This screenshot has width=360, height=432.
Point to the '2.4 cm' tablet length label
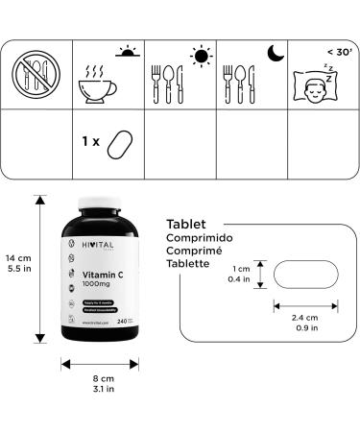(x=305, y=318)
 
